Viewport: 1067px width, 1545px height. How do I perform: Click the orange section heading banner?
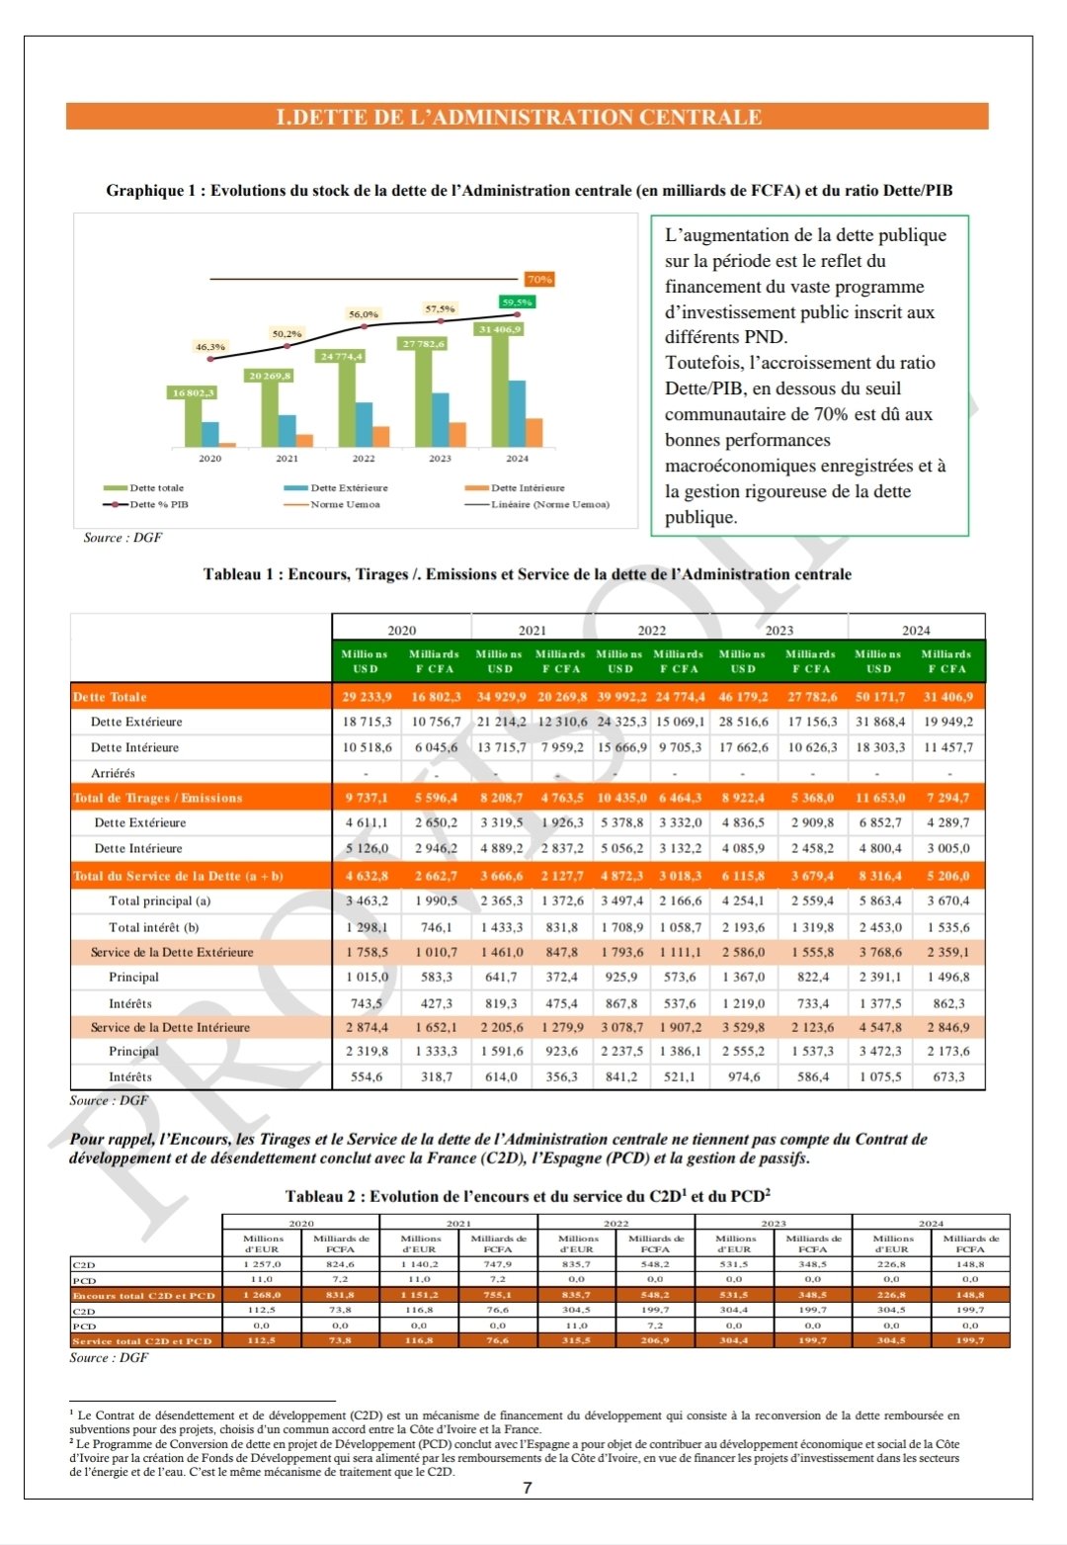click(527, 117)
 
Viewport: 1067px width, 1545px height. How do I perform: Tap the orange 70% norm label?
click(538, 280)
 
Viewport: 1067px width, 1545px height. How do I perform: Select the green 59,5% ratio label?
click(517, 302)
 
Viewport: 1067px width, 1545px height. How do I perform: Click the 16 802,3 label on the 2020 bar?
click(194, 392)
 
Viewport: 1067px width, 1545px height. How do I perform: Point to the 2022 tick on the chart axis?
click(364, 459)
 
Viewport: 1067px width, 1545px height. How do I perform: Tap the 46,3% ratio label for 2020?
click(210, 347)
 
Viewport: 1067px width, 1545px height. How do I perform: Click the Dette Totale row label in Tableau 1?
click(110, 697)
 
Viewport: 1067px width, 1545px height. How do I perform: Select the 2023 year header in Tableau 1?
click(779, 630)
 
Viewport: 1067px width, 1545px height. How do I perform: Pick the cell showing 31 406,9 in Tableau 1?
click(948, 697)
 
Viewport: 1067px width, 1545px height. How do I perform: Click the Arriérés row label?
click(113, 773)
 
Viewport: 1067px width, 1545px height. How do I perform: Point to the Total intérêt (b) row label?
click(153, 927)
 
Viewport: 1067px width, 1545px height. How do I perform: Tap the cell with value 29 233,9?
click(367, 697)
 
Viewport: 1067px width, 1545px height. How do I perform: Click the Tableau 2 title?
click(528, 1196)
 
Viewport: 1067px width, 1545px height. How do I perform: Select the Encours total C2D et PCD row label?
click(143, 1295)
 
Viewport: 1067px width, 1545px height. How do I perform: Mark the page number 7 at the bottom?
click(528, 1488)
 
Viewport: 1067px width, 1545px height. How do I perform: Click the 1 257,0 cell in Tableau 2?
click(262, 1264)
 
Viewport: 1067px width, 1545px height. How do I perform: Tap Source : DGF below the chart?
click(123, 538)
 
